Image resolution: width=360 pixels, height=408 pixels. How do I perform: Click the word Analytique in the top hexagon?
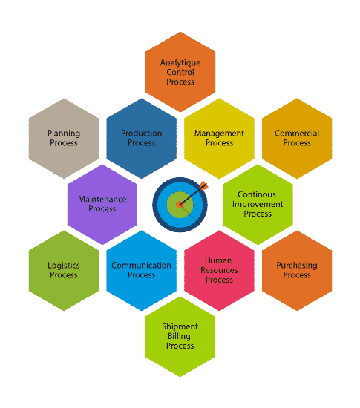tap(180, 63)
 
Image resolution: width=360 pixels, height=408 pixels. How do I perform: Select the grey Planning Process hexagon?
tap(64, 139)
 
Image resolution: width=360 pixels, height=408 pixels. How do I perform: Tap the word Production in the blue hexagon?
tap(141, 134)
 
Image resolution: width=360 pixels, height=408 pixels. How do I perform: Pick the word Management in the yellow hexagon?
tap(219, 134)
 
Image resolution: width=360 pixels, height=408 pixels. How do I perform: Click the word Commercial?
tap(297, 134)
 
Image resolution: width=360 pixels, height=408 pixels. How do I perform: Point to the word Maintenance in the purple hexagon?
tap(102, 200)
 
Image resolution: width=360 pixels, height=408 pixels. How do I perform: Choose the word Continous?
tap(257, 194)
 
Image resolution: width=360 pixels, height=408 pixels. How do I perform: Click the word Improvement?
tap(258, 204)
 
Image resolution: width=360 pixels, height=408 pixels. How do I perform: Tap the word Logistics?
tap(64, 266)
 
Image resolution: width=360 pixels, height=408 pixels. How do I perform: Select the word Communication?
tap(141, 265)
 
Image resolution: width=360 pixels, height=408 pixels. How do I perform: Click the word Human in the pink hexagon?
tap(218, 260)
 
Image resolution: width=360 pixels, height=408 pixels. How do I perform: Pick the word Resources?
tap(219, 270)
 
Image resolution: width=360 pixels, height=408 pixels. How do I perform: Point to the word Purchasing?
tap(297, 266)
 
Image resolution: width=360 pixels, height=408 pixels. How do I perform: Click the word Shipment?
tap(180, 326)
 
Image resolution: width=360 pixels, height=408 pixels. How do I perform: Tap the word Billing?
tap(179, 337)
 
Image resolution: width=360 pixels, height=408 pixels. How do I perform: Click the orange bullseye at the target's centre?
tap(180, 205)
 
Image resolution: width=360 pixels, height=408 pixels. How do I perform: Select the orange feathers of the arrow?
tap(203, 185)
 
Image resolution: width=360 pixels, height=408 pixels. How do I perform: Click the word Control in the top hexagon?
tap(180, 72)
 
